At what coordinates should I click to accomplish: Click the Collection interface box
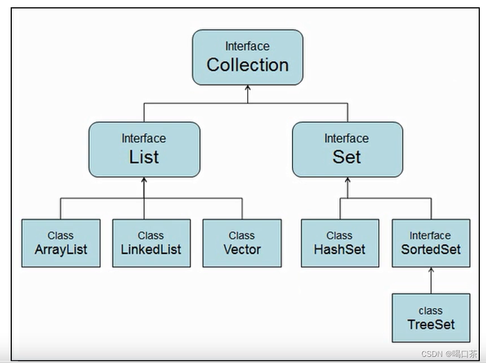pos(247,57)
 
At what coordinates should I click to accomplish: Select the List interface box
pos(144,149)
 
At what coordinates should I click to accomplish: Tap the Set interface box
pos(347,149)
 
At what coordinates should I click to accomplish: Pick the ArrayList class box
pos(61,243)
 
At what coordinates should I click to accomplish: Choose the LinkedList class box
pos(151,243)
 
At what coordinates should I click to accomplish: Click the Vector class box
pos(242,243)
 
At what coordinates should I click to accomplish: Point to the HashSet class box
pos(339,243)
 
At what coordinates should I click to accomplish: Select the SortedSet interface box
pos(430,243)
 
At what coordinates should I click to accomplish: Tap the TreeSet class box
pos(430,318)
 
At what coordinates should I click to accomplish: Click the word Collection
pos(247,65)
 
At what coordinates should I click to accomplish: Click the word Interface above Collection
pos(247,46)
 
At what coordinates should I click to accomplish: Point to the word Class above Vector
pos(242,236)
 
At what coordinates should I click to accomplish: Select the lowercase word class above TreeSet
pos(430,310)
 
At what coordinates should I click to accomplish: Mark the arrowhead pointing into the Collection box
pos(248,89)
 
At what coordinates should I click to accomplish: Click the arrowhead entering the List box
pos(144,181)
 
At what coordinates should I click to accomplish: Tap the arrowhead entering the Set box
pos(347,181)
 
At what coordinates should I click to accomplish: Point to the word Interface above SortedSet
pos(430,236)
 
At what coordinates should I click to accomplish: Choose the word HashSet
pos(339,249)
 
